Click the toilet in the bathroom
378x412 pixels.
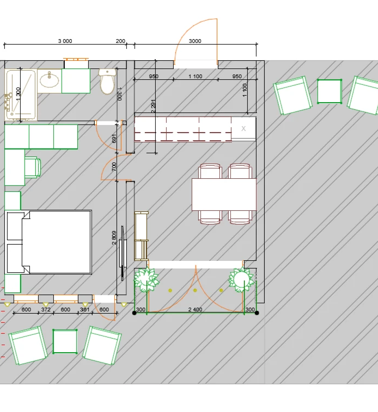click(107, 81)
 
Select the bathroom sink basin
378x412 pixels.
click(50, 79)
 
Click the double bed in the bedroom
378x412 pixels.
click(48, 242)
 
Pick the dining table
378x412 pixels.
click(224, 195)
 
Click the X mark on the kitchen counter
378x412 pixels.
click(243, 128)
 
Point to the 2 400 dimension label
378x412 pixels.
click(196, 309)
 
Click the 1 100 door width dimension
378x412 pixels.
click(196, 77)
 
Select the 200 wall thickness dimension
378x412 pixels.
click(120, 41)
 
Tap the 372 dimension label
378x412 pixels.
click(46, 309)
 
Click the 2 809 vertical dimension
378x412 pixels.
click(114, 238)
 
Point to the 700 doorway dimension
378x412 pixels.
click(114, 166)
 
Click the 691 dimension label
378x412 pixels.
click(114, 139)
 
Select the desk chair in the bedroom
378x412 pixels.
click(33, 167)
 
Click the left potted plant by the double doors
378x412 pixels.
click(145, 280)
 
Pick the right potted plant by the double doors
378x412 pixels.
click(241, 279)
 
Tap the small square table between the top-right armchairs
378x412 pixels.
click(330, 91)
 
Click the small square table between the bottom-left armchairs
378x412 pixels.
click(65, 341)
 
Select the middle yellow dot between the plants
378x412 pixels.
click(195, 290)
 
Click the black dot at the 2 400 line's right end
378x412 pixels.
click(257, 313)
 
